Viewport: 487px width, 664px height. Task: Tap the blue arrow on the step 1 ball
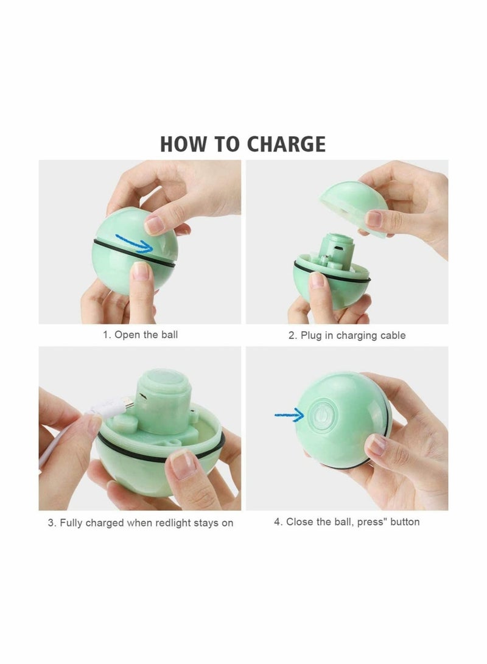tap(150, 245)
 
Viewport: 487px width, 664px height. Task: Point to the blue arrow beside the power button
tap(289, 416)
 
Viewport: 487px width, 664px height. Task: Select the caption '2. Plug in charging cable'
tap(347, 335)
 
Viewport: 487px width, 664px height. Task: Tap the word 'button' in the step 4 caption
tap(400, 522)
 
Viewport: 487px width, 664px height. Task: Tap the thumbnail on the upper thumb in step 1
tap(155, 223)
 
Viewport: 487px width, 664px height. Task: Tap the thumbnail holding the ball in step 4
tap(377, 445)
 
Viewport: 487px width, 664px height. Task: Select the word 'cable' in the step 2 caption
tap(392, 335)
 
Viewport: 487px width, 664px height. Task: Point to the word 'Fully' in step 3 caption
tap(72, 523)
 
